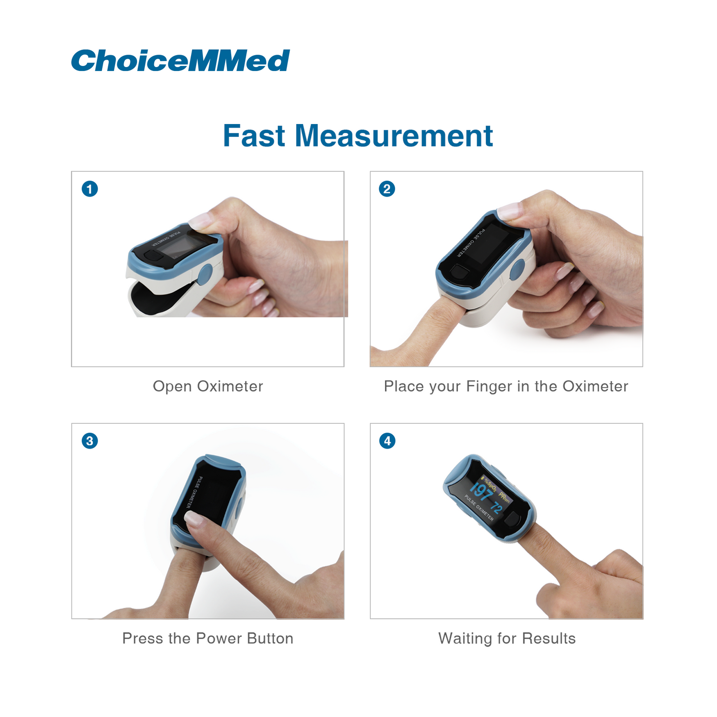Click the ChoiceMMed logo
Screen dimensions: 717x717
(x=180, y=60)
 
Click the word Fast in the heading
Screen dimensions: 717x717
(x=254, y=136)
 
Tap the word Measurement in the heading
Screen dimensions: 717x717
(x=393, y=136)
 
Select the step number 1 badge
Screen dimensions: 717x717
(x=90, y=189)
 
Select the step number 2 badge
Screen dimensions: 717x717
(x=387, y=189)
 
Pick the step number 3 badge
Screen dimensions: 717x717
(x=90, y=441)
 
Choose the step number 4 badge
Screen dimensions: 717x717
(x=387, y=441)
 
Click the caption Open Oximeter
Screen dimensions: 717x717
(x=207, y=386)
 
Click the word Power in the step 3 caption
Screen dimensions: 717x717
(x=219, y=638)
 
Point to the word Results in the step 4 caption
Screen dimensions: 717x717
(x=548, y=638)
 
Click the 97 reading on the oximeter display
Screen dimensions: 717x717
(x=480, y=492)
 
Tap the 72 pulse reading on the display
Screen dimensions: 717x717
(x=496, y=507)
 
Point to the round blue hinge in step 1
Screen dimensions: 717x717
(x=205, y=274)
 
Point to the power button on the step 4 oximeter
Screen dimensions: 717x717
(x=515, y=519)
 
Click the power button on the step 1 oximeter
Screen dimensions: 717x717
(x=152, y=256)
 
